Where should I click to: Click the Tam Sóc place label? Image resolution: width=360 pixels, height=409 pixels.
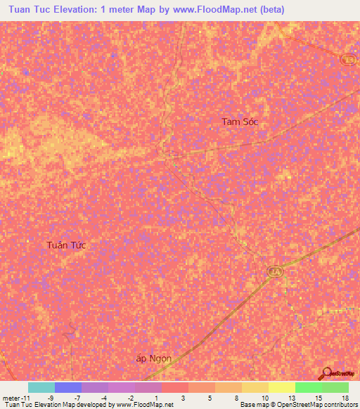[241, 122]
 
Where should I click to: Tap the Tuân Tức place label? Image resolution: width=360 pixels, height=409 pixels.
[66, 245]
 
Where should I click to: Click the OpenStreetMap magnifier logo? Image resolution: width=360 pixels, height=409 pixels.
[327, 374]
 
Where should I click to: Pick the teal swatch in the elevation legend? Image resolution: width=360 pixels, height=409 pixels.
[41, 387]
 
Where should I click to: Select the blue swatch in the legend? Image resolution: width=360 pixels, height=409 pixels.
[68, 387]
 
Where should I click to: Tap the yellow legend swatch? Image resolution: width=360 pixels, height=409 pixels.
[282, 387]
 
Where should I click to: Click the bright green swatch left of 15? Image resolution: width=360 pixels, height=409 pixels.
[309, 387]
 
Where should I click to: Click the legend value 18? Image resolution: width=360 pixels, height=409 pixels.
[345, 397]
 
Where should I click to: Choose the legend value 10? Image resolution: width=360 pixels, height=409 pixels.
[264, 397]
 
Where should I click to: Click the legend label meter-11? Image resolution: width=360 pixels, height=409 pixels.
[15, 397]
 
